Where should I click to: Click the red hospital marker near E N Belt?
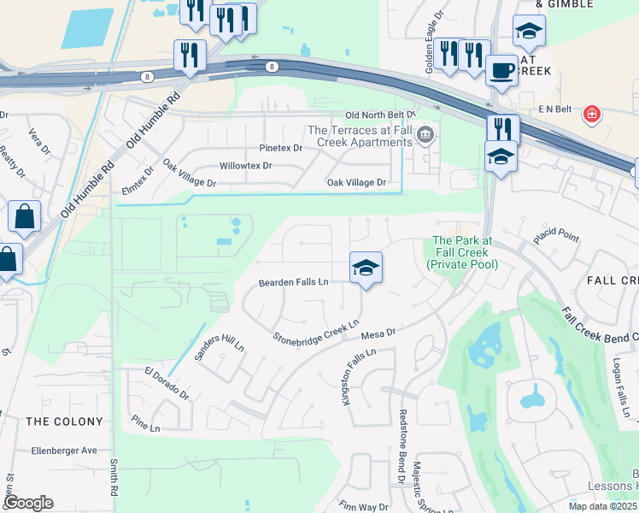click(590, 114)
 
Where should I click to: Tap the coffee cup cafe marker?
click(501, 69)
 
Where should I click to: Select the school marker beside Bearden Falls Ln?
click(366, 268)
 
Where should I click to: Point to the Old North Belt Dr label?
click(379, 115)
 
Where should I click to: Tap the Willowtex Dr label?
click(245, 165)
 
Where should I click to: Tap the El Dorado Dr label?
click(166, 380)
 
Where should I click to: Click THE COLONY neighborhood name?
click(64, 422)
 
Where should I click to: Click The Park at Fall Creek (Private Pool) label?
click(460, 252)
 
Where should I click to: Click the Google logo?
click(27, 503)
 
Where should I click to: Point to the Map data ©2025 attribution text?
click(601, 506)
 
